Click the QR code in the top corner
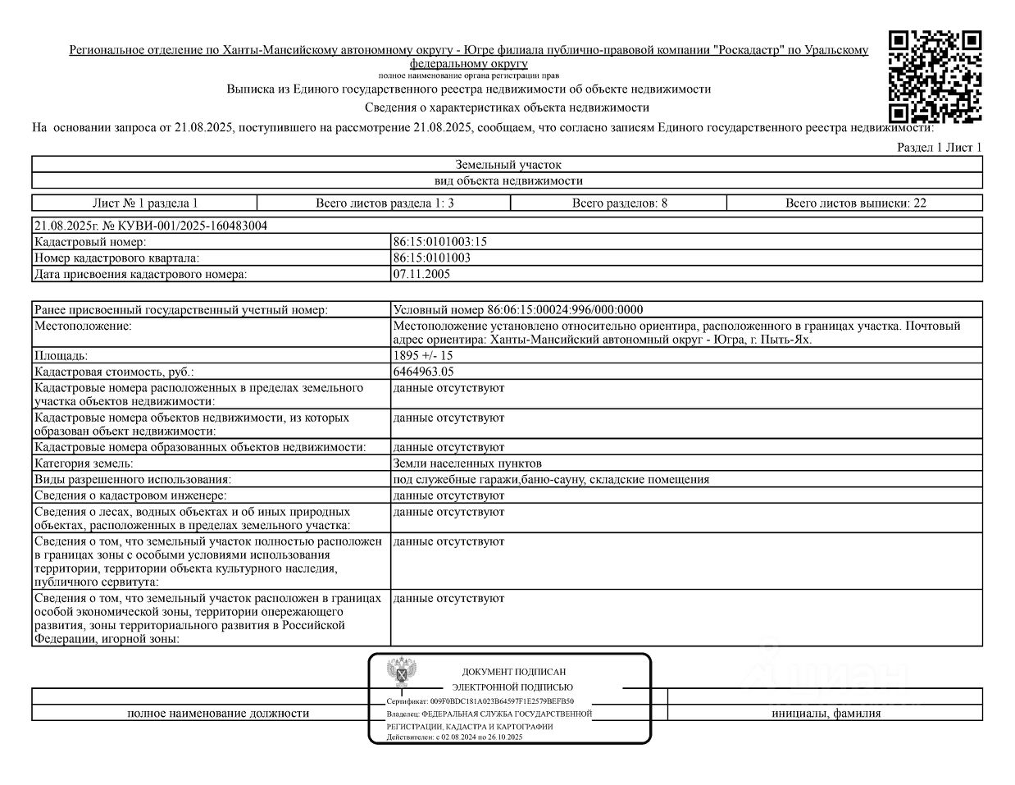[x=935, y=75]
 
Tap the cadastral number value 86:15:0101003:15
[x=440, y=242]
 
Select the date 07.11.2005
[x=421, y=274]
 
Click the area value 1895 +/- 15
[x=423, y=356]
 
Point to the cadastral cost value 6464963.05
[x=423, y=372]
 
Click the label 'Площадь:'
[x=61, y=356]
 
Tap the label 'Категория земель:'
[x=84, y=463]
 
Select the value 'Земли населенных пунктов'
[x=467, y=463]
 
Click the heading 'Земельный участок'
[x=508, y=165]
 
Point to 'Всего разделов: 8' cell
[x=619, y=203]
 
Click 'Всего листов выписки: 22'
[x=855, y=203]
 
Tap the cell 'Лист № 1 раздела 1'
[x=145, y=203]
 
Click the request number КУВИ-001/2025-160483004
[x=150, y=226]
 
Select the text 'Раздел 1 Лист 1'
[x=939, y=147]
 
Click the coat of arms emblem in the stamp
[x=401, y=673]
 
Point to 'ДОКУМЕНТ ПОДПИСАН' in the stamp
[x=513, y=672]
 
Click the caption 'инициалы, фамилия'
[x=826, y=713]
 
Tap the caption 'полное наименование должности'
[x=218, y=713]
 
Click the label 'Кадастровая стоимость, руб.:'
[x=114, y=372]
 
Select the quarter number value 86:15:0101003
[x=431, y=258]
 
